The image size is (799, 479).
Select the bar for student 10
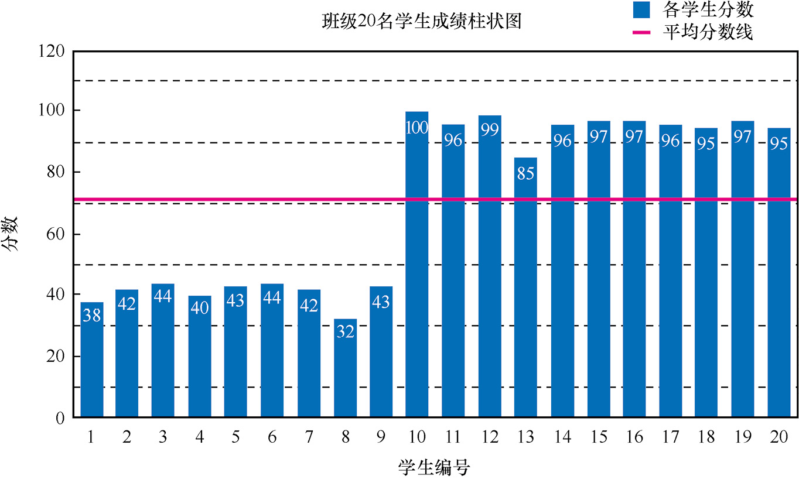tap(417, 264)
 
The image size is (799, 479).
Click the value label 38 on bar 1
tap(92, 315)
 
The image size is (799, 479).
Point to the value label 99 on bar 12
tap(489, 129)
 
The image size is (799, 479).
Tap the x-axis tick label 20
tap(780, 437)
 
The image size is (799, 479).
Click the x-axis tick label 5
tap(235, 437)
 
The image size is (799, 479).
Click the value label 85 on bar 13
tap(525, 173)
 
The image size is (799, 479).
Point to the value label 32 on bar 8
tap(345, 332)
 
